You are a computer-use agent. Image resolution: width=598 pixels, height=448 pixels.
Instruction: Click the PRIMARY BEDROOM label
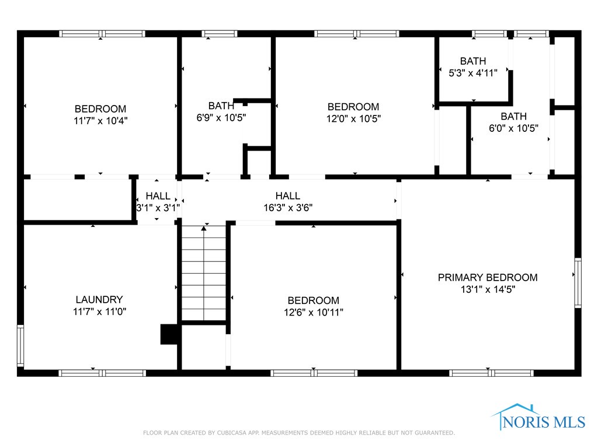pos(488,277)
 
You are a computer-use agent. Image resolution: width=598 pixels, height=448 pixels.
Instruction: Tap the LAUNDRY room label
pos(99,299)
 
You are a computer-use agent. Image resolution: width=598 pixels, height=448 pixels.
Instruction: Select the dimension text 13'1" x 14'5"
pos(488,289)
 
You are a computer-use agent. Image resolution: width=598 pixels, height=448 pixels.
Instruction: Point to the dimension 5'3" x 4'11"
pos(473,73)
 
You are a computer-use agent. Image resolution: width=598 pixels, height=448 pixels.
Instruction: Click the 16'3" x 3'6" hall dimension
pos(288,208)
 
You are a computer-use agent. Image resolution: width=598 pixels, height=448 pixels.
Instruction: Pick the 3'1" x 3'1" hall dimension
pos(158,208)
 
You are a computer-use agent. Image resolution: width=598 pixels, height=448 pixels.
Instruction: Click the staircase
pos(204,273)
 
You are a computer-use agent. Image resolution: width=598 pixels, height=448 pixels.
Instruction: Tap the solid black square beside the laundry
pos(169,334)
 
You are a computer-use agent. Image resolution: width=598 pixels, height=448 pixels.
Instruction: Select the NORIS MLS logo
pos(538,417)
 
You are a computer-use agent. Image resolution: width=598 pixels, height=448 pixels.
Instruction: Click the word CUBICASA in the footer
pos(231,433)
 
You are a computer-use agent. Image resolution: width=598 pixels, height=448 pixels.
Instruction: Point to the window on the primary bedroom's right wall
pos(578,283)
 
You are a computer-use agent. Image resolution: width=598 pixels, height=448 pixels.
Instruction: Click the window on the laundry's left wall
pos(20,346)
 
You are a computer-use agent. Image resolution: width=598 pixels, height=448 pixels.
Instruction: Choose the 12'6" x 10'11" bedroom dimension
pos(314,313)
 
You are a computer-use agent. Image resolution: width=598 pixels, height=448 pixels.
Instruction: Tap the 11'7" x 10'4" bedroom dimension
pos(100,121)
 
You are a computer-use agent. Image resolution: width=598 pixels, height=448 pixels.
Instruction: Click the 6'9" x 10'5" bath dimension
pos(221,117)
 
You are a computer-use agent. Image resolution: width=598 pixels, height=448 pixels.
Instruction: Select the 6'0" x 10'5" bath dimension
pos(514,128)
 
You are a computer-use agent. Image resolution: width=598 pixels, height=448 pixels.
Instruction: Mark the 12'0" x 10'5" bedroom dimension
pos(353,118)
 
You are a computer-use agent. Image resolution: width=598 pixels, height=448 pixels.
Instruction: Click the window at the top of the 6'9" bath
pos(220,33)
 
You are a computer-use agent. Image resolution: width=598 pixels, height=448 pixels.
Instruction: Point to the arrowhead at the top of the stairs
pos(204,228)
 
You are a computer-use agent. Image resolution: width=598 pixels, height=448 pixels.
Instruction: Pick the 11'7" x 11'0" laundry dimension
pos(99,311)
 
